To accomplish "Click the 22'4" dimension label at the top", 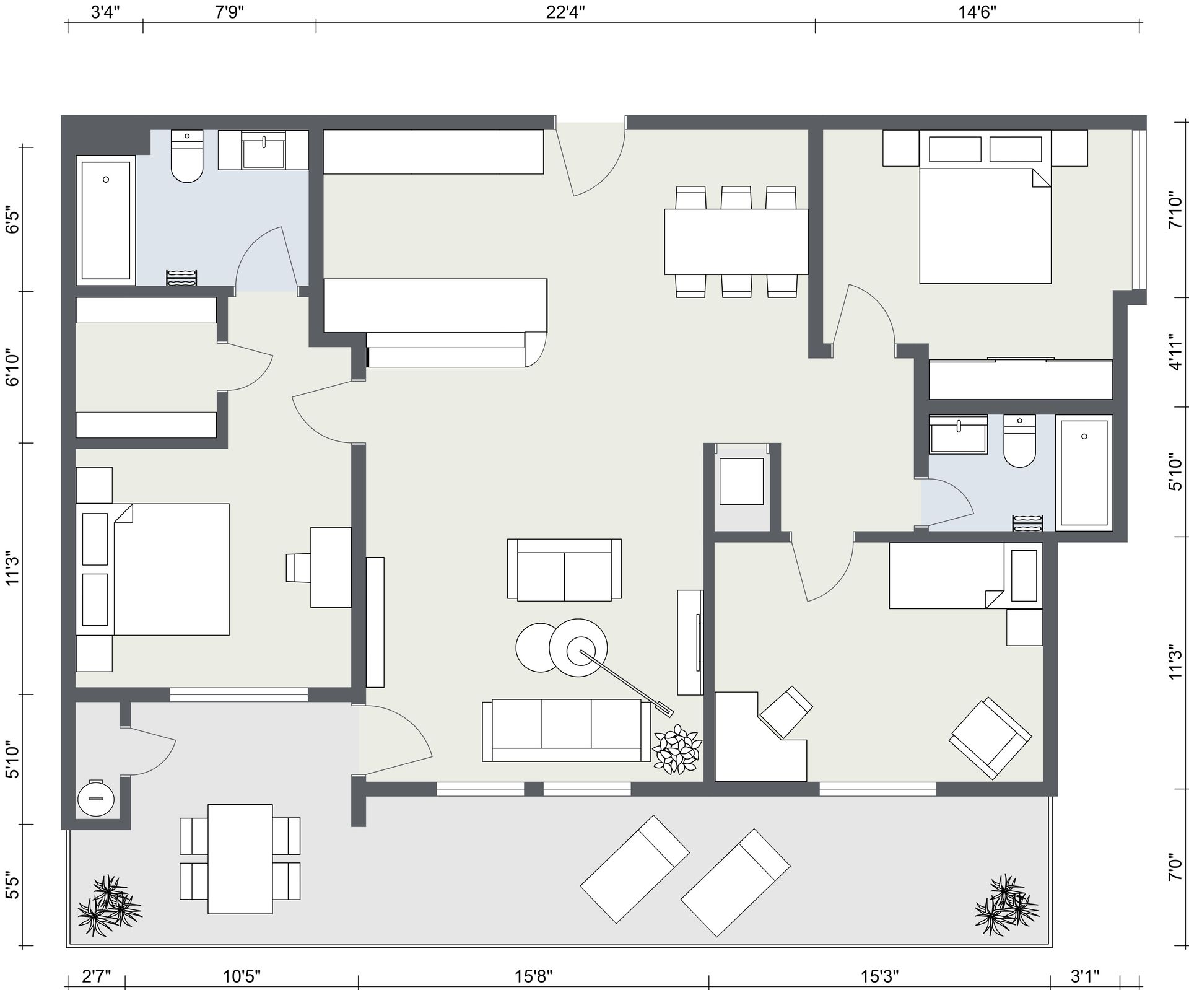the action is [x=565, y=13].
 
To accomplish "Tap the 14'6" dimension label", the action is [x=978, y=13].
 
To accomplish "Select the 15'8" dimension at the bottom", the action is [x=533, y=976].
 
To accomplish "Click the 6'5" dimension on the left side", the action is [x=12, y=219].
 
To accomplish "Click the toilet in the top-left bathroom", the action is [x=186, y=157].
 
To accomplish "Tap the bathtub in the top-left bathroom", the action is [x=106, y=220].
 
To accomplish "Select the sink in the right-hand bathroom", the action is [x=959, y=434].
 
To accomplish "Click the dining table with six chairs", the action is [x=736, y=242].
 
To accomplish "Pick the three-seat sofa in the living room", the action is [x=567, y=730].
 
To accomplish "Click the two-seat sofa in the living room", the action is [x=564, y=569].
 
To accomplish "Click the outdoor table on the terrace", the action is [x=240, y=859].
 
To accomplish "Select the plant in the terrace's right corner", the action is [x=1006, y=905].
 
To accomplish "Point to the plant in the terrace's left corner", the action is [x=110, y=905].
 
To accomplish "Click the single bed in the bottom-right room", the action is [x=966, y=576].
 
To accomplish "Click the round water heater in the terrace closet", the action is [x=96, y=798].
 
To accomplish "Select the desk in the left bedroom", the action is [x=331, y=567].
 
